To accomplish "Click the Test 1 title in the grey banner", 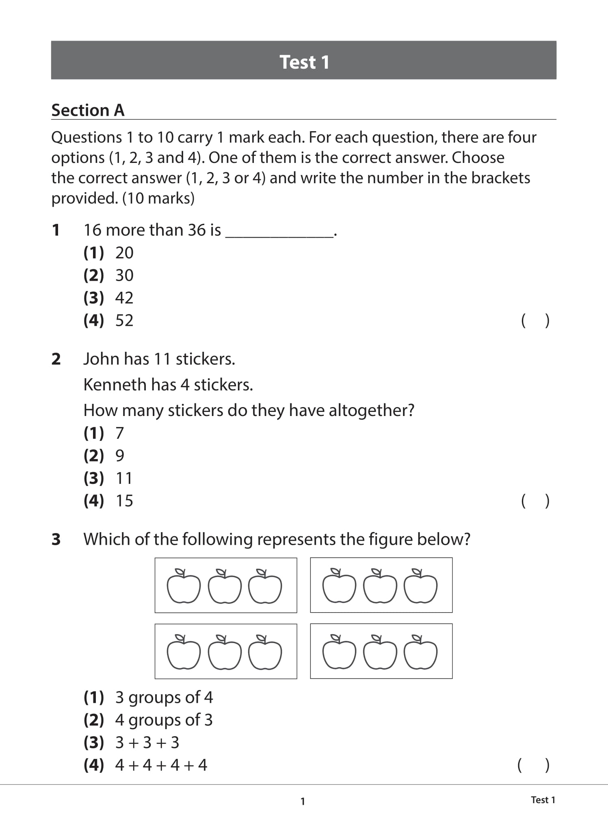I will coord(304,62).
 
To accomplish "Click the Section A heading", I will coord(88,110).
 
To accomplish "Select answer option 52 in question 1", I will coord(124,321).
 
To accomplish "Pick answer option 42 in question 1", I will coord(124,298).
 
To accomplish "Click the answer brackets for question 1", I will coord(535,321).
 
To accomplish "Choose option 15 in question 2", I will coord(124,501).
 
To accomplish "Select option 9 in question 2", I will coord(120,456).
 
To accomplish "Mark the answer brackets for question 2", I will coord(535,501).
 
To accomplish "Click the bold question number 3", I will coord(56,539).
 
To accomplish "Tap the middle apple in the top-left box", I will coord(225,587).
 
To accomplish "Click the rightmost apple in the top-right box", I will coord(421,587).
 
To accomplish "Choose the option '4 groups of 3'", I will coord(164,720).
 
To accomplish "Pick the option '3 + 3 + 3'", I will coord(147,743).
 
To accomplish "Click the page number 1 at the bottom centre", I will coord(303,801).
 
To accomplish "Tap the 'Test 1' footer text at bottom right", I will coord(543,800).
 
